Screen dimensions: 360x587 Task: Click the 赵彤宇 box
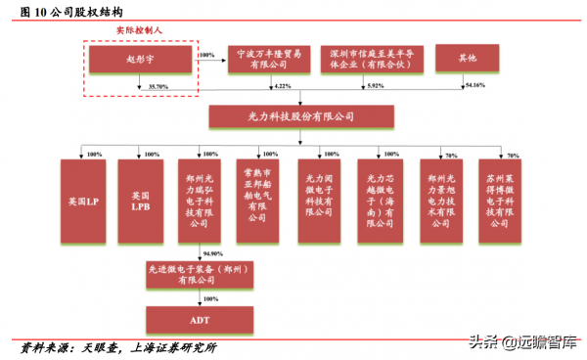[142, 60]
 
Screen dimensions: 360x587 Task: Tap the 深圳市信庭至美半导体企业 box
[373, 59]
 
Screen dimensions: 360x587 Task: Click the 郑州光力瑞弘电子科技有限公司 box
[201, 201]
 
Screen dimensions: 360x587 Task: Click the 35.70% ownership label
[158, 87]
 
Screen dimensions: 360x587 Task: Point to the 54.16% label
[474, 87]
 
